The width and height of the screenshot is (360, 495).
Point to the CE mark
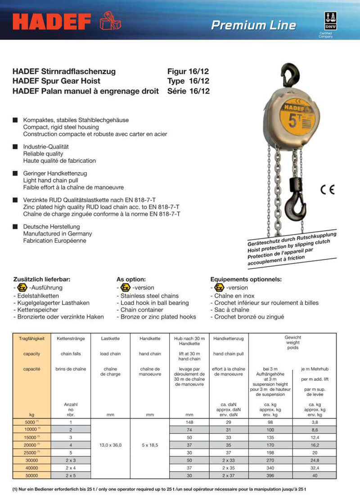[327, 190]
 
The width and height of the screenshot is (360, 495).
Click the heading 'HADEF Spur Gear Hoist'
[56, 81]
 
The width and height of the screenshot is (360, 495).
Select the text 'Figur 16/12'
[188, 71]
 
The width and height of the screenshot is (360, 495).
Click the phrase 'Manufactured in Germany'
[57, 234]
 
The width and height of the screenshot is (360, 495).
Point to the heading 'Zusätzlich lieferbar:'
[41, 279]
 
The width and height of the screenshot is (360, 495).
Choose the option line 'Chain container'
[142, 310]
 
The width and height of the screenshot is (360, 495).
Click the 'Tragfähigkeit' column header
[31, 337]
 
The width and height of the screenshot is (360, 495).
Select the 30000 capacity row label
[31, 461]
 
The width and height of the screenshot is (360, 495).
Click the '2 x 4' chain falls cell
[71, 468]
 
